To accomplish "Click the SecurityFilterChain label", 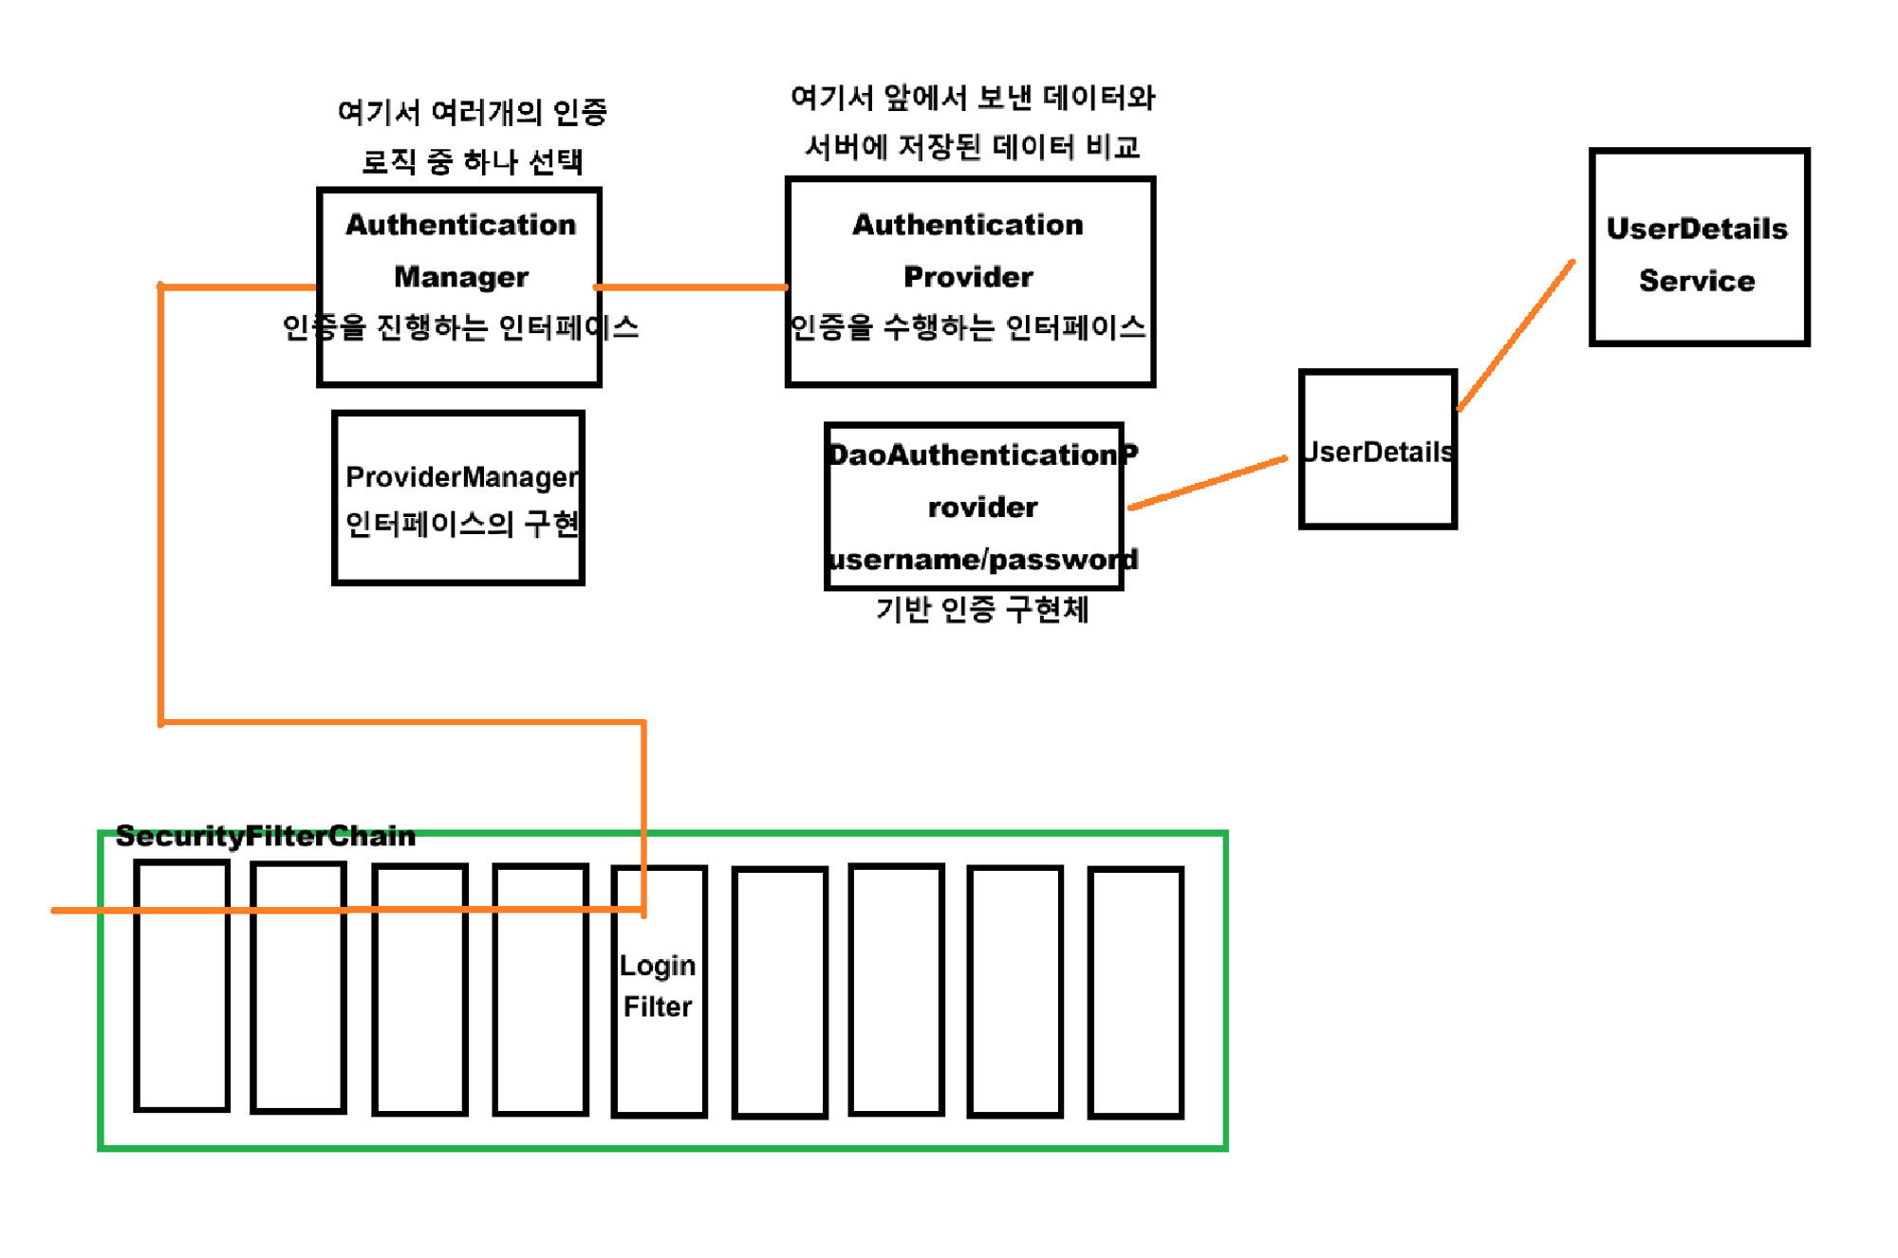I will point(265,836).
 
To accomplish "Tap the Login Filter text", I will point(658,986).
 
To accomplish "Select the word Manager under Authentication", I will point(460,277).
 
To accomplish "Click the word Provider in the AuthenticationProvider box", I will point(968,277).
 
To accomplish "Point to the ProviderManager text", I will point(461,476).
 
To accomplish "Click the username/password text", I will point(981,560).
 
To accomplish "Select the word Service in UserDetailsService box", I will point(1697,281).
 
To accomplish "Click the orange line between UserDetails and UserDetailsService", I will point(1516,335).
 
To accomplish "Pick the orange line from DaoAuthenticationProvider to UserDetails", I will point(1207,484).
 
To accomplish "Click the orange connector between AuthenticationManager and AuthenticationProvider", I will point(691,287).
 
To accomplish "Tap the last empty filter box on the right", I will point(1135,991).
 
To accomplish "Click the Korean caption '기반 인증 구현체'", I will point(981,609).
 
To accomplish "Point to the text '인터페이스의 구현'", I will point(461,524).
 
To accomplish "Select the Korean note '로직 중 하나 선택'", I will point(472,161).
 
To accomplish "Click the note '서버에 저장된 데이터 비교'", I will point(972,147).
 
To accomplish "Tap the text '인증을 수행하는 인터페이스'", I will point(968,327).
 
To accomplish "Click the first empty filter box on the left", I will point(182,1006).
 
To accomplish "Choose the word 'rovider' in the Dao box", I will point(982,508).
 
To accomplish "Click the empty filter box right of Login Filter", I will point(779,991).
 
